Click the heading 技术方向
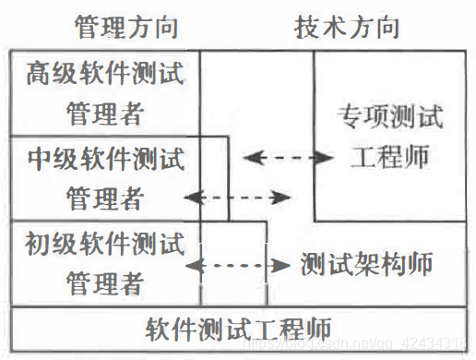pos(348,26)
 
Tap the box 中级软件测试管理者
pos(104,178)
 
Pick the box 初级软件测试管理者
pos(104,263)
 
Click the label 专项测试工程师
pos(390,136)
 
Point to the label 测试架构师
pos(367,266)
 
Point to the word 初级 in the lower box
pos(46,245)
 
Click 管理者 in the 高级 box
pos(104,114)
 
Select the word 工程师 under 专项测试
pos(390,156)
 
